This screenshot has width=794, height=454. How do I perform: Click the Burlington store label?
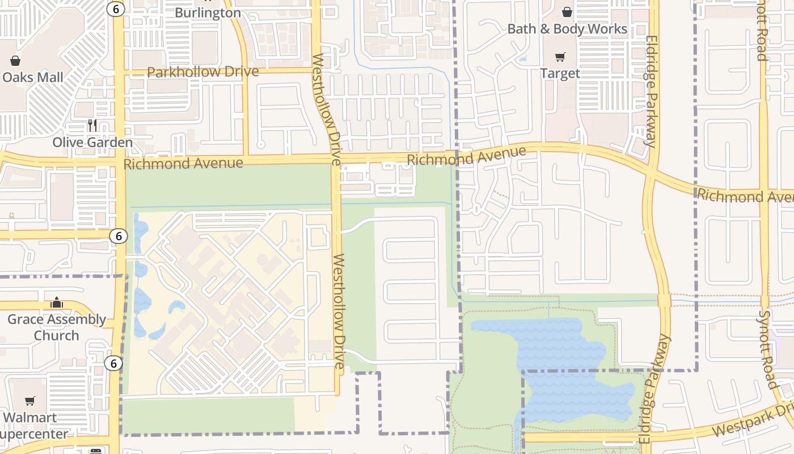point(208,12)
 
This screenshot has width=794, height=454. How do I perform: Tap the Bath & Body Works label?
point(567,29)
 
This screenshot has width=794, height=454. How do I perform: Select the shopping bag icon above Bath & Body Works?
point(567,12)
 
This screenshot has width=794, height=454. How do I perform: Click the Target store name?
point(560,73)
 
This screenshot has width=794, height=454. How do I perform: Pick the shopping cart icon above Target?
point(560,57)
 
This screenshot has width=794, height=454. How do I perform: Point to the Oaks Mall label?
point(33,77)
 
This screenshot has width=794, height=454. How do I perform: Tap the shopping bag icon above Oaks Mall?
point(15,61)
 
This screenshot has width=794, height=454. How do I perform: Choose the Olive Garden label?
point(92,142)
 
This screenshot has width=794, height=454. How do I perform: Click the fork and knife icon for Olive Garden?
point(92,125)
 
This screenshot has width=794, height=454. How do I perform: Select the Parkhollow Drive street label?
point(202,72)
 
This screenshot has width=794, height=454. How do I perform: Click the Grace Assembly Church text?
point(56,327)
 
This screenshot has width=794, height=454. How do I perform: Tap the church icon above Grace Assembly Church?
point(56,302)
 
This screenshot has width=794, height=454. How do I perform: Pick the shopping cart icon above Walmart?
point(30,401)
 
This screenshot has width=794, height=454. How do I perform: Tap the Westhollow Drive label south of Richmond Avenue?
point(339,312)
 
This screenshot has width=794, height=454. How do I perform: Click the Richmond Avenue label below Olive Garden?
point(183,163)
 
